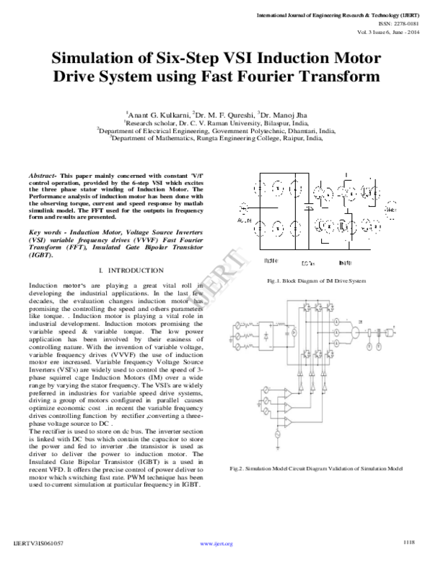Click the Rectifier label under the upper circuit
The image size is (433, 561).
click(272, 261)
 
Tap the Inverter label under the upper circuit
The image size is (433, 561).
click(345, 262)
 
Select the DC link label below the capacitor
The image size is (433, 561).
click(309, 262)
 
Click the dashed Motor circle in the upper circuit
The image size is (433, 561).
click(390, 210)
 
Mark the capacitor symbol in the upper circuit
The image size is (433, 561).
click(310, 207)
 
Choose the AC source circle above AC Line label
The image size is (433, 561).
click(243, 207)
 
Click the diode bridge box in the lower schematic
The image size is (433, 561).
click(266, 336)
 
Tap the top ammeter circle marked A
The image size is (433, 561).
click(337, 323)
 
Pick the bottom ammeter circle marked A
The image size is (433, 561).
click(337, 343)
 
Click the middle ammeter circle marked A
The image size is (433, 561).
click(337, 333)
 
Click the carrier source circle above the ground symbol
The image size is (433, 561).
click(279, 434)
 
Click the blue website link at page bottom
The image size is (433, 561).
click(216, 544)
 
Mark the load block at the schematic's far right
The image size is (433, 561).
click(389, 332)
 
